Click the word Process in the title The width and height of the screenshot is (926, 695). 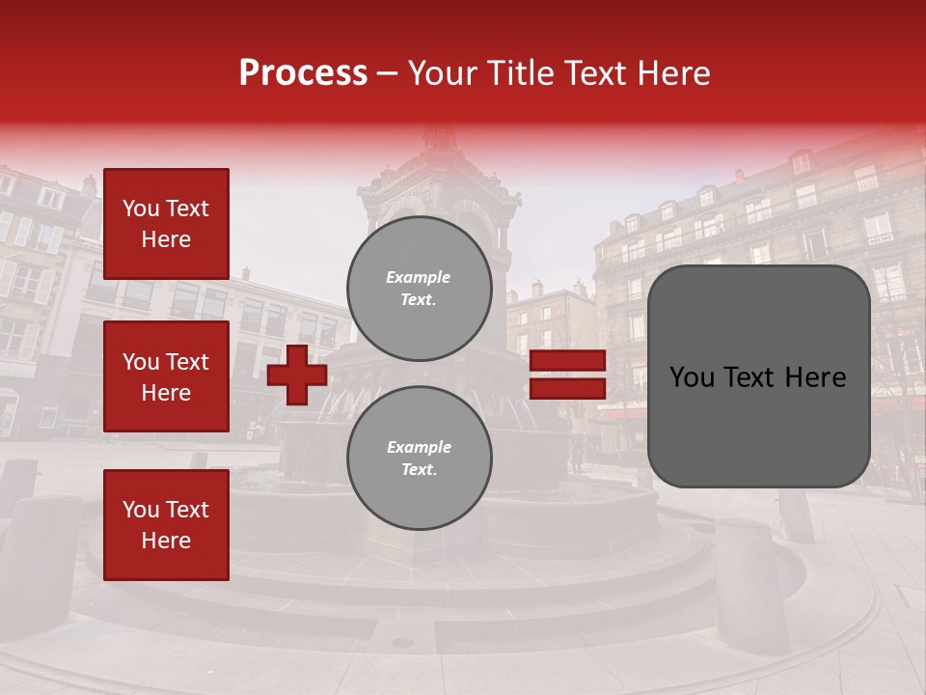(x=303, y=73)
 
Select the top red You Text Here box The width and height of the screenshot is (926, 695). (x=166, y=224)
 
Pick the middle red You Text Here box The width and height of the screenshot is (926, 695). (x=166, y=376)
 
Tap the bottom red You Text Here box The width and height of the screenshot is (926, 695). (x=166, y=525)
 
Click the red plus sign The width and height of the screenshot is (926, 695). (x=296, y=375)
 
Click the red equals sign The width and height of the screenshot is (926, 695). (x=568, y=375)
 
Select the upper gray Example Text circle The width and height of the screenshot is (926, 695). (x=420, y=289)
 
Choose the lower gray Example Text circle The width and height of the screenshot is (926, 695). (x=420, y=459)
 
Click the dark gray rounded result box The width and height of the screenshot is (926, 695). (x=758, y=376)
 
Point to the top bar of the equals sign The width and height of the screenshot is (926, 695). (x=568, y=361)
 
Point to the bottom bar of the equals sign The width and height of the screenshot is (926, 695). (x=568, y=388)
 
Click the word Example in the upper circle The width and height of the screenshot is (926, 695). (x=418, y=277)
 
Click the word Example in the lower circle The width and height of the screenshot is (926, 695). (x=419, y=447)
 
